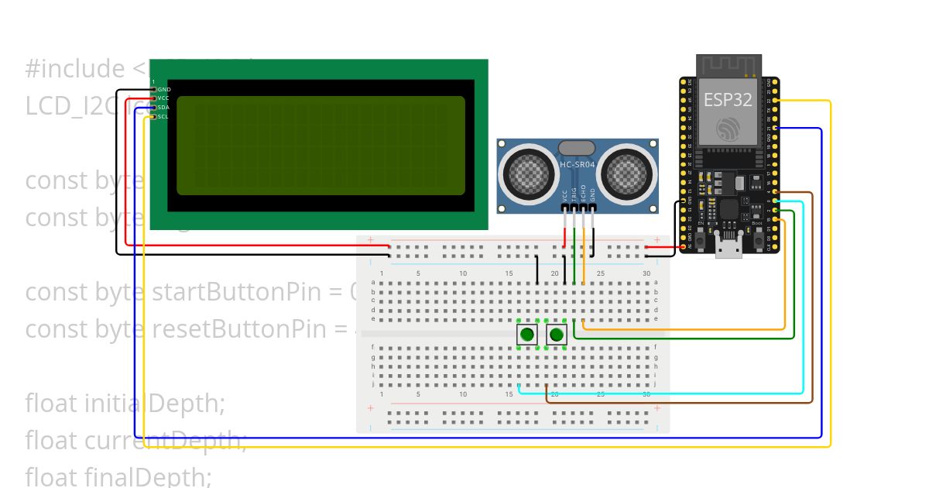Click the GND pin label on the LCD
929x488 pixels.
[164, 89]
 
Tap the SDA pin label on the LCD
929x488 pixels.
[164, 108]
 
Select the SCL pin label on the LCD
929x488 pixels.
[164, 117]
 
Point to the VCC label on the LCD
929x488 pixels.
[164, 98]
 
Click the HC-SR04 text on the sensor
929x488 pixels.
[577, 164]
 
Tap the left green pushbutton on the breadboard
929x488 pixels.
[527, 335]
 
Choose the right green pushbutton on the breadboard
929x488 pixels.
[556, 335]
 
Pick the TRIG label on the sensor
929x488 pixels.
[574, 195]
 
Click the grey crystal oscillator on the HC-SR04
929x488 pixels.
[576, 147]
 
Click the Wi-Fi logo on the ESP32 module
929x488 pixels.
[728, 129]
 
